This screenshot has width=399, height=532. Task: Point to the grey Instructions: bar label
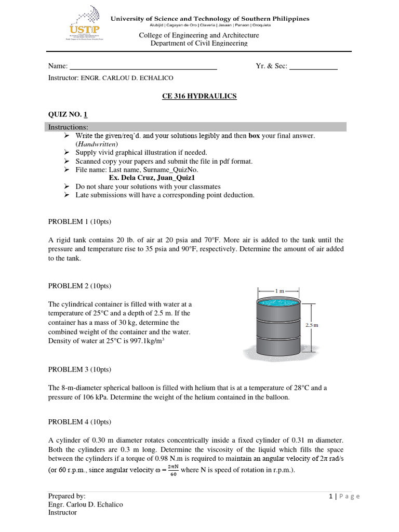click(68, 127)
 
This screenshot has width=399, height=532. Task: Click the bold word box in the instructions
click(254, 136)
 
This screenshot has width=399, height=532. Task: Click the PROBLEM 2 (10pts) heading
click(79, 286)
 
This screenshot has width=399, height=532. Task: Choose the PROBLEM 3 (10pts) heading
click(79, 369)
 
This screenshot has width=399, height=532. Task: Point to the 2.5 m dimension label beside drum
click(311, 325)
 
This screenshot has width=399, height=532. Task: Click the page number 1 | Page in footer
click(344, 496)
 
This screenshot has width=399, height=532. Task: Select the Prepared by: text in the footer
click(67, 496)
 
